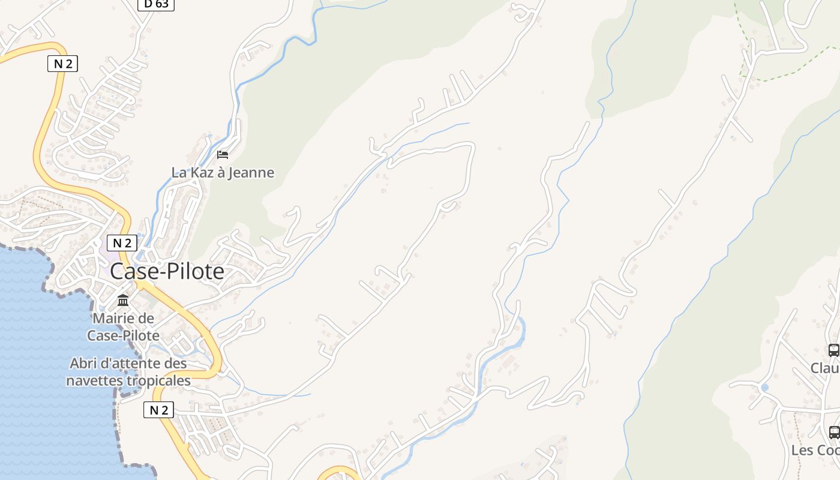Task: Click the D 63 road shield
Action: point(156,4)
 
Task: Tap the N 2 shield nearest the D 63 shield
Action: point(62,63)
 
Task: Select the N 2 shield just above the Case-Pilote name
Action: point(122,243)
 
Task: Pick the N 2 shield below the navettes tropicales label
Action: point(158,410)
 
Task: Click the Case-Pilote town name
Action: point(167,272)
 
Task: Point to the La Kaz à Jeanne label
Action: point(223,173)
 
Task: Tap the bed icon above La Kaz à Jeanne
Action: point(223,155)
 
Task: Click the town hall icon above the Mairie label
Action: point(123,300)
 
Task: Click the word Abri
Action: point(83,364)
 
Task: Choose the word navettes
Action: point(91,380)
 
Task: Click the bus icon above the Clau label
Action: point(833,350)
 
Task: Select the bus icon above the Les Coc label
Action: point(834,432)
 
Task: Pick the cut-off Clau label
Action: point(825,368)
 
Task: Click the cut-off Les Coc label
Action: point(815,450)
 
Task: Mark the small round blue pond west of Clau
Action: point(764,388)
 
